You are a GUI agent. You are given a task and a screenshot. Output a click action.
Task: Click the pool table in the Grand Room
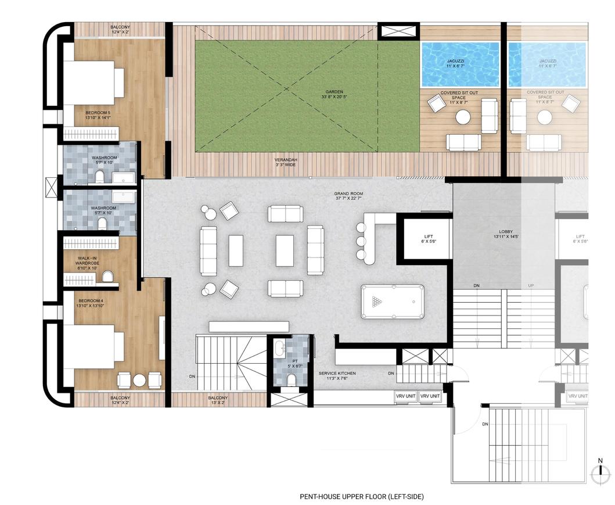pos(393,302)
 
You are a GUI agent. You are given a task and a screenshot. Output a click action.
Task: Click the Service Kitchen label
pos(337,376)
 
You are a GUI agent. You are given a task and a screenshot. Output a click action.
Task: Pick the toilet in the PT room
pos(292,379)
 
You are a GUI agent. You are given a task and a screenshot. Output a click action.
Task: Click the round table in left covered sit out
pos(463,117)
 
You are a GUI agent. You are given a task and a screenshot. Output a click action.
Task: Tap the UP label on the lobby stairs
pos(530,286)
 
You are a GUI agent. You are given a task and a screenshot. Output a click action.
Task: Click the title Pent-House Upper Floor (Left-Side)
pos(362,496)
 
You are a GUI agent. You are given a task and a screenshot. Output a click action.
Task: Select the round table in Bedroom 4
pos(139,380)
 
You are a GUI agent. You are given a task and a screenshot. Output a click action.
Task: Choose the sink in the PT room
pos(280,349)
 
